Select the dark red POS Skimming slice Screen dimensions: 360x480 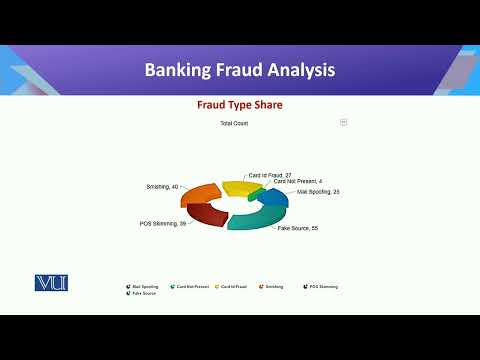pos(204,214)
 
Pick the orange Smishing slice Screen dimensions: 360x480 pos(200,193)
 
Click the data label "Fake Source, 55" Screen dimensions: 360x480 pos(297,229)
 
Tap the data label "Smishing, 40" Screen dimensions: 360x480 pos(163,187)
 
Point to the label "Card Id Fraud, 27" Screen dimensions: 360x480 pos(270,175)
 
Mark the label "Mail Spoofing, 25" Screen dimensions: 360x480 pos(318,191)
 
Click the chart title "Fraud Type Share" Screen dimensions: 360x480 pos(239,104)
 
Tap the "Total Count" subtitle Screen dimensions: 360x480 pos(233,123)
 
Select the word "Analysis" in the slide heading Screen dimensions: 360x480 pos(300,70)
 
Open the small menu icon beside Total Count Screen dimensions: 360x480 pos(343,122)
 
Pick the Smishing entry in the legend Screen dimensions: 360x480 pos(271,287)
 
